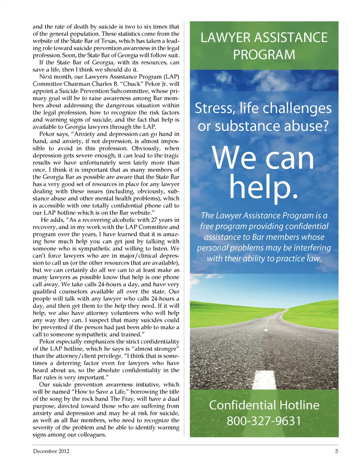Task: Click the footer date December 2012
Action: pyautogui.click(x=51, y=451)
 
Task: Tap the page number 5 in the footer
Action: pyautogui.click(x=336, y=451)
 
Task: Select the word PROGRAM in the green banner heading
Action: pyautogui.click(x=264, y=55)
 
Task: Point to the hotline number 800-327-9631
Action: pyautogui.click(x=264, y=421)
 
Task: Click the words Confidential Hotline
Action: pyautogui.click(x=264, y=405)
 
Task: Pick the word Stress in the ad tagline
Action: pyautogui.click(x=215, y=108)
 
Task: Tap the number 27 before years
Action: pyautogui.click(x=154, y=220)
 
